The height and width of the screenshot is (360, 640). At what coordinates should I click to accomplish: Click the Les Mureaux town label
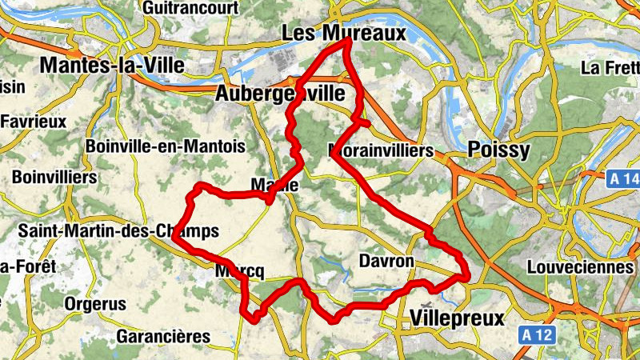point(344,33)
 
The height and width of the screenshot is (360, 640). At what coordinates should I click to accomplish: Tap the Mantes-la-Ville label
point(112,65)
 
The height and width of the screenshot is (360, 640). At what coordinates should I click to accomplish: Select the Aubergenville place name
point(280,94)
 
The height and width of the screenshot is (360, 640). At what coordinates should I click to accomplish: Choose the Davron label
point(386,262)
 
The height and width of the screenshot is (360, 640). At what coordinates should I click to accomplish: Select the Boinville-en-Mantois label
point(165,147)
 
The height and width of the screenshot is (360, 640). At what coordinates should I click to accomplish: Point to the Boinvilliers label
point(54,176)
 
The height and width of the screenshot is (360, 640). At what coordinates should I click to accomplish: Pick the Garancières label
point(163,337)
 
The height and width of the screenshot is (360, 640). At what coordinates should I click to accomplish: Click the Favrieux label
point(34,122)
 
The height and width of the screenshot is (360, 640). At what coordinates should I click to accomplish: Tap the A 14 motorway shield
point(621,177)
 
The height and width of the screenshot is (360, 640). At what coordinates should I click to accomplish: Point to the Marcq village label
point(239,271)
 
